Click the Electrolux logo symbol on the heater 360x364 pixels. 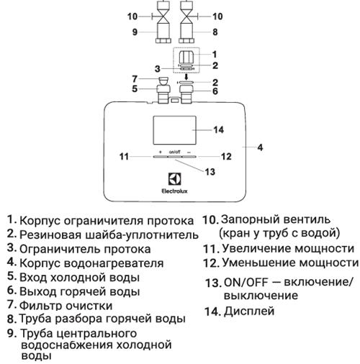174,179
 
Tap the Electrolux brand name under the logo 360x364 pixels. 174,191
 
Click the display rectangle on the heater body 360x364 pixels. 174,130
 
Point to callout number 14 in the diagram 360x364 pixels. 219,129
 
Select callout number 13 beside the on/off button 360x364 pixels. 210,172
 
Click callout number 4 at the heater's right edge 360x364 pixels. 260,147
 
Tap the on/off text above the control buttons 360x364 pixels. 175,152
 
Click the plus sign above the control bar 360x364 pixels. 161,152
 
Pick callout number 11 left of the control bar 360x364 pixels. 124,157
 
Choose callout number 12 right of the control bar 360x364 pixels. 226,157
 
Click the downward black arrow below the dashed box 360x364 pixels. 186,76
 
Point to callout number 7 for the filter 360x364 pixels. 135,78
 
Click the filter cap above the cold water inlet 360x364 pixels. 163,81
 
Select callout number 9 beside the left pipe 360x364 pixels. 135,32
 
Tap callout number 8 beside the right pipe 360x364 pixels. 215,32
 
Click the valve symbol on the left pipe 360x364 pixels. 163,17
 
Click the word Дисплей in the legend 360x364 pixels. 249,311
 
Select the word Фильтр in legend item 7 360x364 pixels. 41,305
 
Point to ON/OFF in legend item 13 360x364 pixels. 246,283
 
